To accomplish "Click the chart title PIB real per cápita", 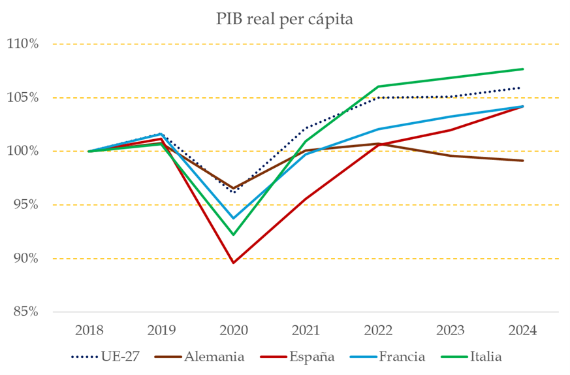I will (285, 20).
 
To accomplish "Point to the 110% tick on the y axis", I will (23, 44).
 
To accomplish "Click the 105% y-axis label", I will (23, 98).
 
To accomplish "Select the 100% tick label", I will (23, 152).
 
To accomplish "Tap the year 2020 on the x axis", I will (233, 330).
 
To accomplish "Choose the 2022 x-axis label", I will (378, 330).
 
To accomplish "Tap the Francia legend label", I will (402, 357).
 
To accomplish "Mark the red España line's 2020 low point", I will (233, 263).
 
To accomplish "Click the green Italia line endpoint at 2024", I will (523, 69).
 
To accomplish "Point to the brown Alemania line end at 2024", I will (523, 161).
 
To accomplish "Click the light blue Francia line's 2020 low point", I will (233, 218).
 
